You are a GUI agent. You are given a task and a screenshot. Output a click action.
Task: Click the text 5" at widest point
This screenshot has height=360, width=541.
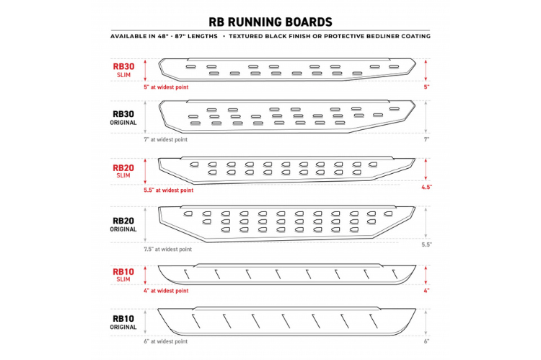(167, 87)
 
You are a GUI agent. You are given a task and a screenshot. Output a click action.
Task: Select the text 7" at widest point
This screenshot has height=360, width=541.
(166, 139)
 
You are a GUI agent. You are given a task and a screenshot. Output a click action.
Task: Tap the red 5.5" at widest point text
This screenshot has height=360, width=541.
(169, 190)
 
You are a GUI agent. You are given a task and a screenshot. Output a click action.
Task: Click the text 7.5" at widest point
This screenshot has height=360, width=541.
(168, 249)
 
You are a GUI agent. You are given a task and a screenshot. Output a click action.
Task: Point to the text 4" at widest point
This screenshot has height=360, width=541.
(167, 291)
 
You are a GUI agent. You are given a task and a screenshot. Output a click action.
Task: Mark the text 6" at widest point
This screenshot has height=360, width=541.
(166, 341)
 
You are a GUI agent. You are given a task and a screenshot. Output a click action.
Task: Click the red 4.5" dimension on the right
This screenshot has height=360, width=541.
(427, 187)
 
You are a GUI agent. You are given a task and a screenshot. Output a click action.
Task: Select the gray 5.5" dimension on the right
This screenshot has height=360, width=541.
(427, 245)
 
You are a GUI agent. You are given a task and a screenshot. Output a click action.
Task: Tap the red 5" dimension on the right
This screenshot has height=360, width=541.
(427, 87)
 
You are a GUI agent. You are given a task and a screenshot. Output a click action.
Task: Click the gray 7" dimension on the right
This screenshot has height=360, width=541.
(427, 139)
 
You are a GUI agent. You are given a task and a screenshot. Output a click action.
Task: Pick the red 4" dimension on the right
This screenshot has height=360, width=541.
(427, 291)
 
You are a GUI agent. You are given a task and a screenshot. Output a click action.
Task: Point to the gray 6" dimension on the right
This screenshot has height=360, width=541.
(427, 341)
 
